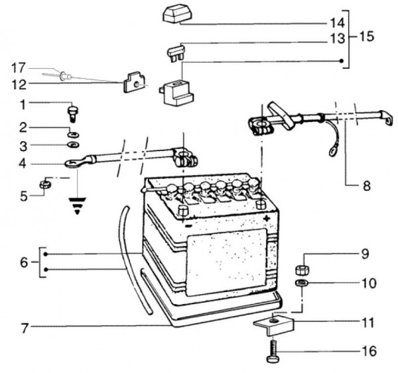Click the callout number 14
pyautogui.click(x=338, y=23)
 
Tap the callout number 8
pyautogui.click(x=367, y=186)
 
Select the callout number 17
pyautogui.click(x=19, y=68)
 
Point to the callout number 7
pyautogui.click(x=24, y=329)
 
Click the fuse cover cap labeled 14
pyautogui.click(x=177, y=13)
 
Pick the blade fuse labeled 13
pyautogui.click(x=176, y=52)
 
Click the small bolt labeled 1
pyautogui.click(x=73, y=114)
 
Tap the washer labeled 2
pyautogui.click(x=74, y=134)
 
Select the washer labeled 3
pyautogui.click(x=73, y=145)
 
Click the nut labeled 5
pyautogui.click(x=45, y=184)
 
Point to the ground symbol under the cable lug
pyautogui.click(x=77, y=205)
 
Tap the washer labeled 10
pyautogui.click(x=300, y=283)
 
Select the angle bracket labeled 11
pyautogui.click(x=273, y=325)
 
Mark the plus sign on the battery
pyautogui.click(x=267, y=218)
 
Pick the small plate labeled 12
pyautogui.click(x=133, y=82)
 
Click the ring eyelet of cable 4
pyautogui.click(x=71, y=163)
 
